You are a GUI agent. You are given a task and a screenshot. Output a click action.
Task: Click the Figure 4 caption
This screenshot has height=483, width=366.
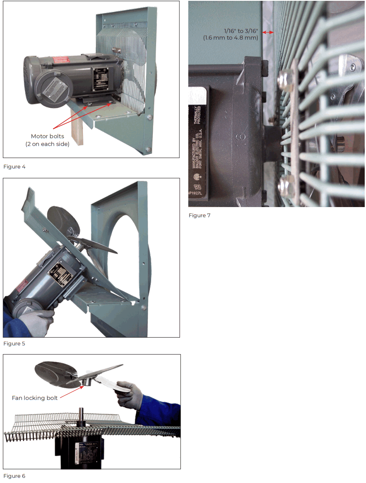pos(14,167)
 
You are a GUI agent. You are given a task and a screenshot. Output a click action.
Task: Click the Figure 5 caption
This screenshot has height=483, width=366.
pos(14,344)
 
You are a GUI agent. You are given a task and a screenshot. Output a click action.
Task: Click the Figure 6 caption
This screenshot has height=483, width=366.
pos(14,476)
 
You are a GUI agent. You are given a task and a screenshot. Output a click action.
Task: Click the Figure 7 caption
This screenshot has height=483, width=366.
pos(199,216)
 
